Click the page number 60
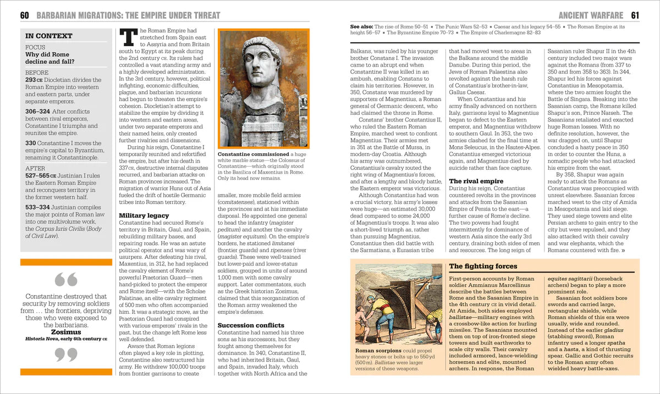[24, 15]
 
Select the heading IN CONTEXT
[49, 36]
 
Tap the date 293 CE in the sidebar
[35, 80]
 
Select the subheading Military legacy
[144, 215]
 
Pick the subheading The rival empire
[476, 181]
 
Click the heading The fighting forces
[483, 266]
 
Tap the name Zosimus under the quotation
[66, 332]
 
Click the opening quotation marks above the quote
[66, 281]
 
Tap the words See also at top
[362, 26]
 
